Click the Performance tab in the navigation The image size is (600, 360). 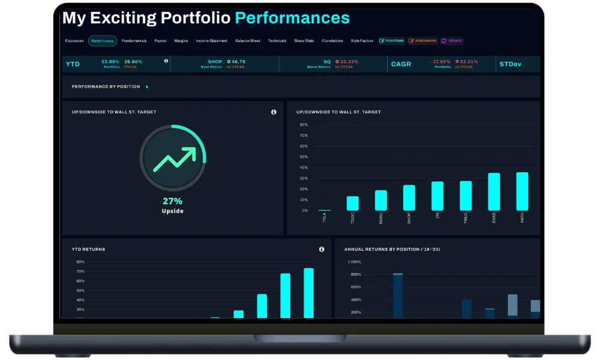(103, 41)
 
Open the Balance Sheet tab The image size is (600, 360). (247, 41)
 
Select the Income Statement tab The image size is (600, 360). (211, 41)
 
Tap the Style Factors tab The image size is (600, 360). (362, 41)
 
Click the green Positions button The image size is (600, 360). (392, 41)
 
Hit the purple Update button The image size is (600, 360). (452, 41)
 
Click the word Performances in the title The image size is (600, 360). (292, 18)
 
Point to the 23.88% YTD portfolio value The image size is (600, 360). (110, 61)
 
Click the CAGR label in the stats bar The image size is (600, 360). (401, 64)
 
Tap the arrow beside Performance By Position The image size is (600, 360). (147, 87)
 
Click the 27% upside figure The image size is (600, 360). (172, 201)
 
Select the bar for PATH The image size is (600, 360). (522, 191)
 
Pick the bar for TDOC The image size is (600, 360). (353, 203)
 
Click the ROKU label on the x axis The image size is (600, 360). (381, 218)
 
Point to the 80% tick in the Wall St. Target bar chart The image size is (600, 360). (304, 125)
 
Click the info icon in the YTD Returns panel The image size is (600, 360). (322, 249)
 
